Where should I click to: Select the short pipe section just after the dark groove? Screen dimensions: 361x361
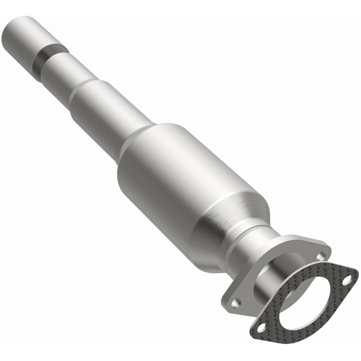point(62,75)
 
